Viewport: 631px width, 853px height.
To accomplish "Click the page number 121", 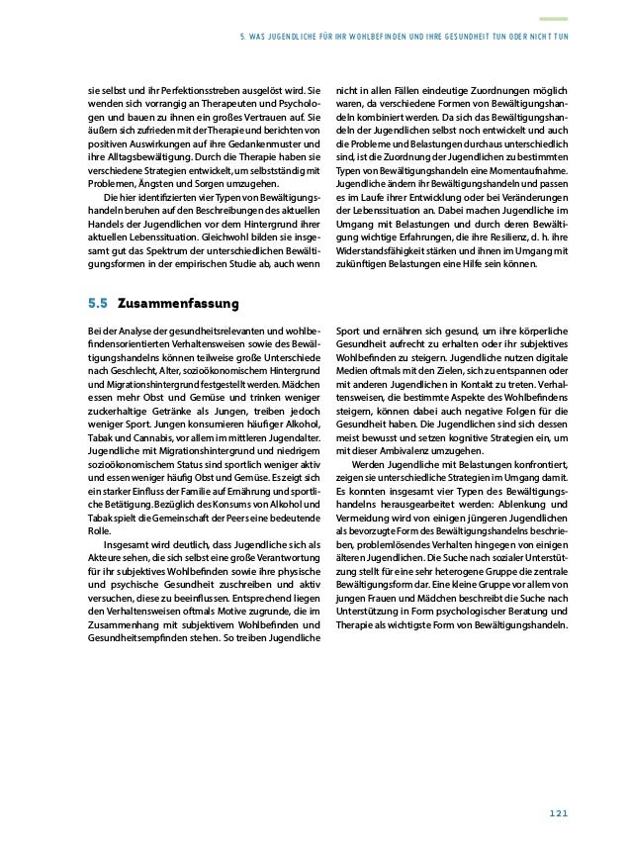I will (558, 813).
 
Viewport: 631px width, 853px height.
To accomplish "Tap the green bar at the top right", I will (553, 18).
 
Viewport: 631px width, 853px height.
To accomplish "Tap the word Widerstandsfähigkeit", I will (380, 251).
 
